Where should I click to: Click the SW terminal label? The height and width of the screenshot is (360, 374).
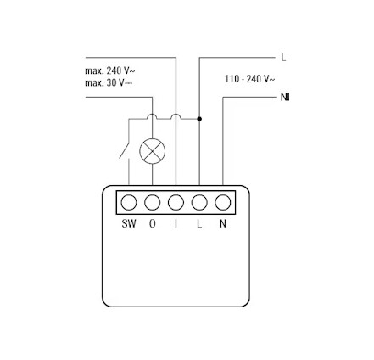click(129, 223)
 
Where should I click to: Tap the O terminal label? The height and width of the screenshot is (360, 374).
click(153, 223)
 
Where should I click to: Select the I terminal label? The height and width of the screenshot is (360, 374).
click(176, 223)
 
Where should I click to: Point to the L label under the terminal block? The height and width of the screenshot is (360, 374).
click(199, 223)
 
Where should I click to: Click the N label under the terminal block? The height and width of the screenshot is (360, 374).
click(223, 223)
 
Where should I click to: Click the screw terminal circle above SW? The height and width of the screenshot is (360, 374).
click(129, 203)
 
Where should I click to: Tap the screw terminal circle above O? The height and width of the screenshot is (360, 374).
click(153, 203)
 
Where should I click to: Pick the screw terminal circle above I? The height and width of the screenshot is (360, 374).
click(176, 203)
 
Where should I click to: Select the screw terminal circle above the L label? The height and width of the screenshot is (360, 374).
click(199, 203)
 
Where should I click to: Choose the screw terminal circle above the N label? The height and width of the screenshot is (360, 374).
click(223, 203)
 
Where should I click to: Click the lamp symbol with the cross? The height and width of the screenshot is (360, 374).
click(153, 151)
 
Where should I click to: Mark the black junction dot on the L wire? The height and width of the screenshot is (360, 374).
click(199, 119)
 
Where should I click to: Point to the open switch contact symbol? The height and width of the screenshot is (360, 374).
click(125, 151)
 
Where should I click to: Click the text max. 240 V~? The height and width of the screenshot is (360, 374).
click(110, 70)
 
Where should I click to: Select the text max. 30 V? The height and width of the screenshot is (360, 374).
click(109, 82)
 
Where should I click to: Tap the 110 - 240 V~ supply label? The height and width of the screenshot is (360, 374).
click(249, 79)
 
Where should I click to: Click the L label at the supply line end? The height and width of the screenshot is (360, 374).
click(283, 58)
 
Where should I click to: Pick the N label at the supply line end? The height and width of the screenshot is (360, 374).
click(285, 97)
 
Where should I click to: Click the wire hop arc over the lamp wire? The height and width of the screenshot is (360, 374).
click(153, 115)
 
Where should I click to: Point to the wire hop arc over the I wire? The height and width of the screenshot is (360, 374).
click(176, 115)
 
